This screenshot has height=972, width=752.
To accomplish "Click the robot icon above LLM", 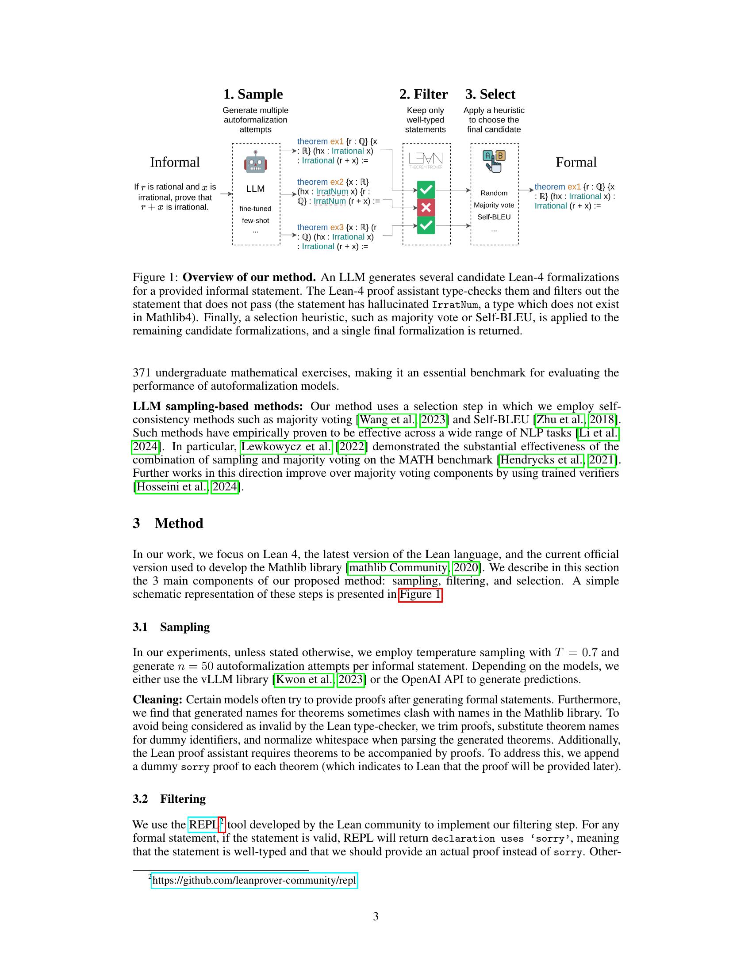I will (255, 162).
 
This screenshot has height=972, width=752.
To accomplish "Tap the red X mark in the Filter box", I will (426, 207).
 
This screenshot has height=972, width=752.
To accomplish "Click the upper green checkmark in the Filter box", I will (426, 190).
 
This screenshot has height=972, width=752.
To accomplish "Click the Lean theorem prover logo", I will (426, 160).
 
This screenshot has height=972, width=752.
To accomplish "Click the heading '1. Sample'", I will (253, 95).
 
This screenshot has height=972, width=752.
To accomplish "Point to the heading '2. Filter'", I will (423, 95).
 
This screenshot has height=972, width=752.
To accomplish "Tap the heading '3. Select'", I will (490, 95).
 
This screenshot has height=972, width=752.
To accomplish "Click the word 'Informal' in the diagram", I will (175, 162).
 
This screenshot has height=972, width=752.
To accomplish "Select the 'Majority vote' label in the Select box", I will (494, 205).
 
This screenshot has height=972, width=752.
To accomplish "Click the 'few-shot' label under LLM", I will (255, 220).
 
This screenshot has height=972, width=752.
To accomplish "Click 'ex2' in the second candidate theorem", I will (336, 182).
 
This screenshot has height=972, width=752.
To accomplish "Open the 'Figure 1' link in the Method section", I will (420, 595).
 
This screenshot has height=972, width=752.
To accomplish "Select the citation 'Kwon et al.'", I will (304, 680).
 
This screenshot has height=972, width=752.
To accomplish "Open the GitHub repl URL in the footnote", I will (254, 880).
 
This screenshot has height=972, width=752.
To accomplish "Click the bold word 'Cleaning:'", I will (157, 700).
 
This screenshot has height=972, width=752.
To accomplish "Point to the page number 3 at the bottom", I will (376, 916).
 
